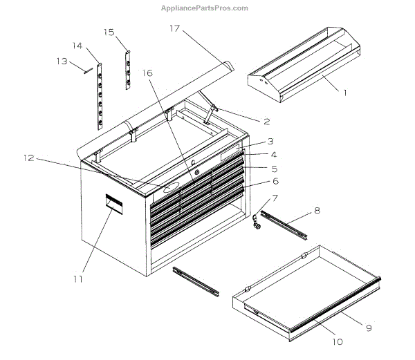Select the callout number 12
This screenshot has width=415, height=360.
(x=28, y=158)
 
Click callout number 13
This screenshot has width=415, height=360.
(x=62, y=61)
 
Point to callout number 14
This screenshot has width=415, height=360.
(x=77, y=46)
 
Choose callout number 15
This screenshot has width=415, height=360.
(x=109, y=32)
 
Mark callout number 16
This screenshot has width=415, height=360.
(x=147, y=72)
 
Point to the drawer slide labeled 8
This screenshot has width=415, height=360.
(x=287, y=226)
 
